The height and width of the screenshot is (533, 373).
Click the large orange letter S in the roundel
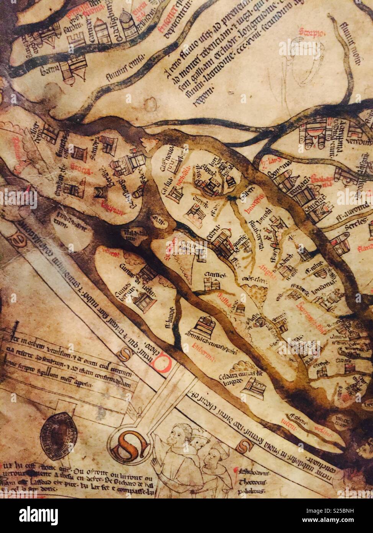(x=128, y=446)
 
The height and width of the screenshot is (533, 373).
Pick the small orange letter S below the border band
(x=244, y=446)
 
